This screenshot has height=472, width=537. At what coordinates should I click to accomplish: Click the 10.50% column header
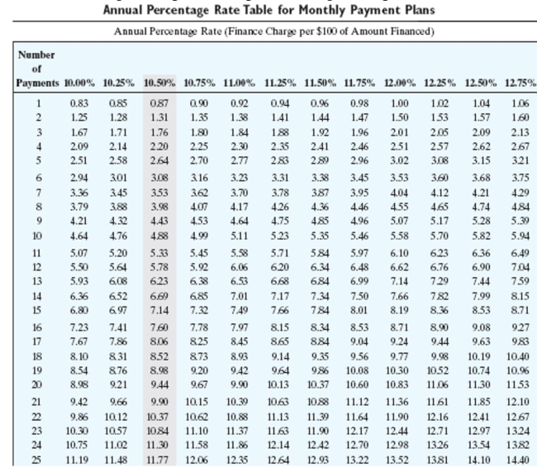coord(159,83)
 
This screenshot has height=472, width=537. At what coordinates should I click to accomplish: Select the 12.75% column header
coord(520,83)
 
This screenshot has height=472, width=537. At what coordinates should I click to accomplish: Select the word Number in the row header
coord(36,55)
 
